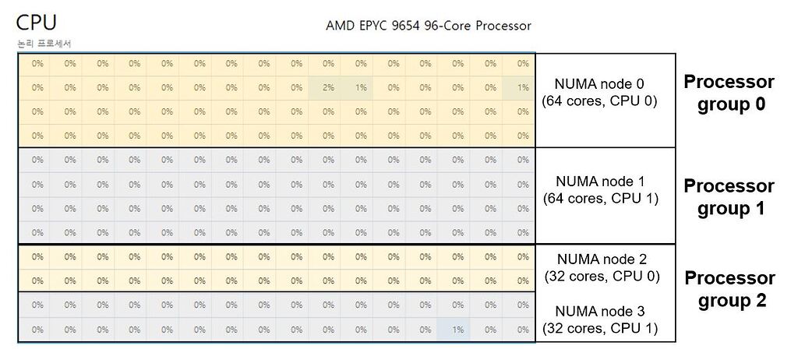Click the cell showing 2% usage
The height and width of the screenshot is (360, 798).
(x=328, y=88)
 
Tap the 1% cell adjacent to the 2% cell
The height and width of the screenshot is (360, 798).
(x=360, y=88)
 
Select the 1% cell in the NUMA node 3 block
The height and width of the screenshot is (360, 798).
(x=457, y=330)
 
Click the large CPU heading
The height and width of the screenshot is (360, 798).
(x=36, y=22)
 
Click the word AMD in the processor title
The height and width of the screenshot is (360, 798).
(x=340, y=26)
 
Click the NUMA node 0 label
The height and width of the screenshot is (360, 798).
(x=599, y=84)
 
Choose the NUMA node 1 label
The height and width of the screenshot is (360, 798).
(x=599, y=182)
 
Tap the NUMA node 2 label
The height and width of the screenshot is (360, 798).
(x=599, y=259)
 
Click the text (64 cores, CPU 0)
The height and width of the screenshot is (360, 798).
(x=599, y=101)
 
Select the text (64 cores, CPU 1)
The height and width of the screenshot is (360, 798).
(x=599, y=199)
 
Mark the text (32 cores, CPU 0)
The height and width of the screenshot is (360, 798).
(x=599, y=276)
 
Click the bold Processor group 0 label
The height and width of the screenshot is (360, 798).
(x=729, y=93)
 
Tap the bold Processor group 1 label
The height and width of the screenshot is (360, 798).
(x=729, y=197)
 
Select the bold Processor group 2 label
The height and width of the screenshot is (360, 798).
(x=729, y=289)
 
